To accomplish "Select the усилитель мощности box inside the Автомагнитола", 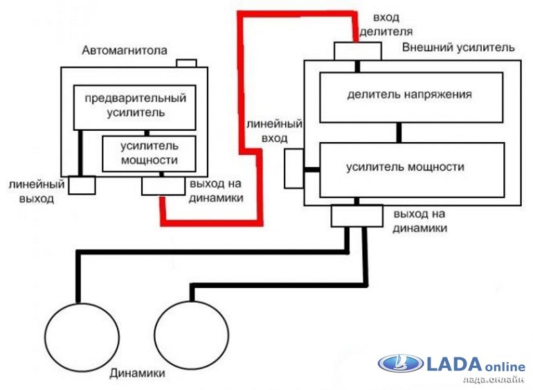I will [149, 153].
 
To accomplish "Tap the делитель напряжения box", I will [410, 96].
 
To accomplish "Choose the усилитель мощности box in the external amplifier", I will [410, 168].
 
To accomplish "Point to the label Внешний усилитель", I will [458, 48].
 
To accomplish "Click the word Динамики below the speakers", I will [137, 374].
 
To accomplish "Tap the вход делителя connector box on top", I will [358, 51].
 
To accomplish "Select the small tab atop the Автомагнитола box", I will [186, 63].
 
